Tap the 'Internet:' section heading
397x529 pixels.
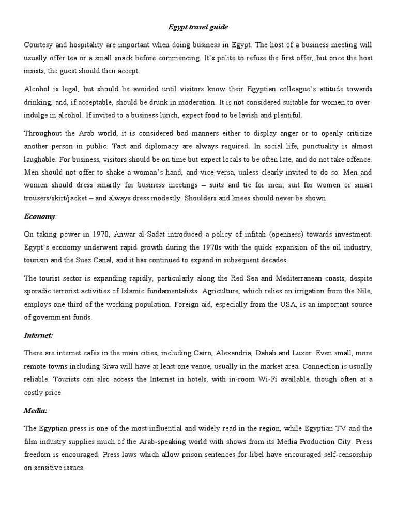click(x=38, y=335)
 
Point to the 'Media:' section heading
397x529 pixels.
click(x=35, y=410)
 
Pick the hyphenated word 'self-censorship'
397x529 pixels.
click(x=341, y=454)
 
